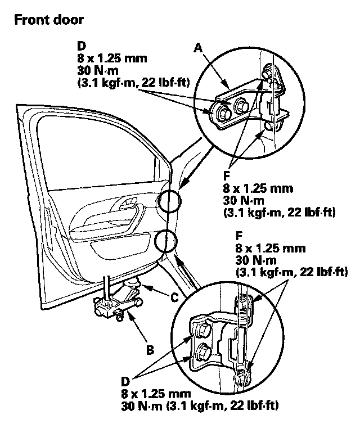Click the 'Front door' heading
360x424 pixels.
coord(49,20)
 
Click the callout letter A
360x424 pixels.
coord(198,48)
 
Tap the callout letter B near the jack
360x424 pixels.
coord(150,350)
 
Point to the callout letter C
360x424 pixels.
coord(174,297)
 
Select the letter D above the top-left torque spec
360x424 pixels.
coord(82,46)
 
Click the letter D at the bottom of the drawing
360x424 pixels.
coord(125,382)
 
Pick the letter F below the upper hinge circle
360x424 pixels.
coord(226,176)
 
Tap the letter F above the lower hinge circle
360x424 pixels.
coord(239,236)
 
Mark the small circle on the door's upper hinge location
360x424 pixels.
coord(169,201)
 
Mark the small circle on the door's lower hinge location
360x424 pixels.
coord(166,241)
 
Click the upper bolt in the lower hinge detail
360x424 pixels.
coord(201,330)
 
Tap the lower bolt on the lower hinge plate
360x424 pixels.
coord(202,351)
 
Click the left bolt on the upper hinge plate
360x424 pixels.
coord(222,113)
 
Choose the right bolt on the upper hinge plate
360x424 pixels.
coord(240,105)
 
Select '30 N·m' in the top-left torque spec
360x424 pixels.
coord(98,71)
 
